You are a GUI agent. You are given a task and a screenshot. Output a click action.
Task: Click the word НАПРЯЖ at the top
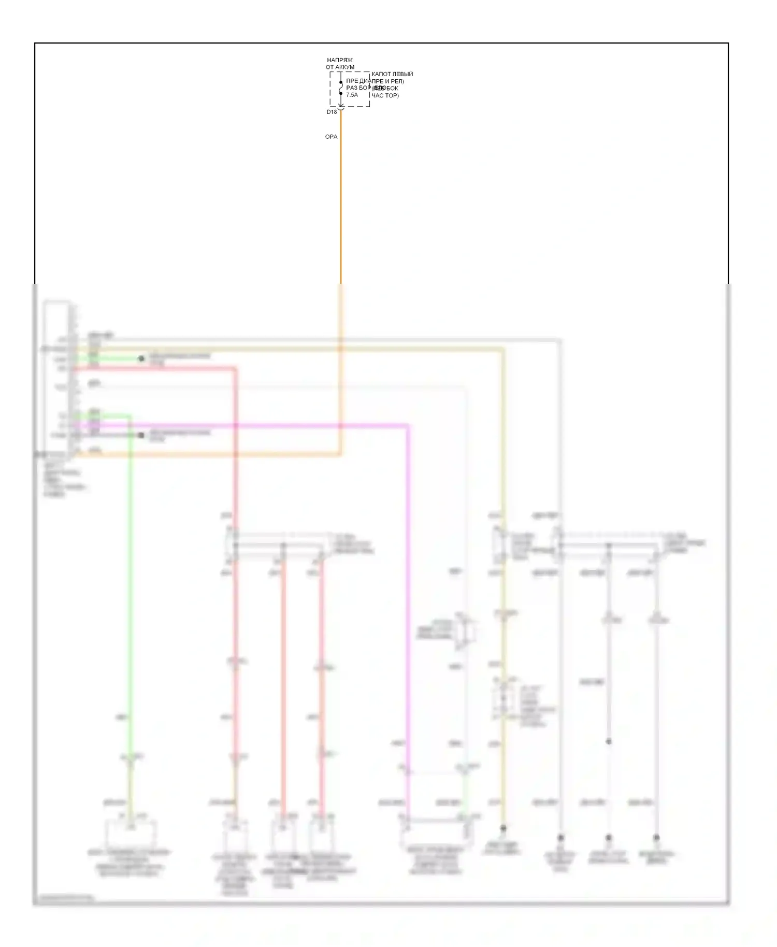pyautogui.click(x=340, y=60)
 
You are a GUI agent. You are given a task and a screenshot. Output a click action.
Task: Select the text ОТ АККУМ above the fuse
pyautogui.click(x=340, y=67)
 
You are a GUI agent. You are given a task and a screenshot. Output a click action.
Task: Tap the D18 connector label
pyautogui.click(x=332, y=112)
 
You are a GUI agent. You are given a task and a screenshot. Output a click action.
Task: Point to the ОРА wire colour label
pyautogui.click(x=331, y=137)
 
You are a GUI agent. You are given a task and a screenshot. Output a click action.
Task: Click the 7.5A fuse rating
pyautogui.click(x=352, y=95)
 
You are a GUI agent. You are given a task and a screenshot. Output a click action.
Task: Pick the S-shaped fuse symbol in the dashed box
pyautogui.click(x=341, y=89)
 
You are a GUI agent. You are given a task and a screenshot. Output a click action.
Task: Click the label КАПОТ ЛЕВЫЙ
pyautogui.click(x=392, y=74)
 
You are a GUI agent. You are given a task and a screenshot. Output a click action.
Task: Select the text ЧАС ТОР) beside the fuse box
pyautogui.click(x=385, y=96)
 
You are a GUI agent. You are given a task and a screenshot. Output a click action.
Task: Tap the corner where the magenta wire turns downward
pyautogui.click(x=408, y=426)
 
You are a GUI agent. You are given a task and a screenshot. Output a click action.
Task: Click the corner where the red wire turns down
pyautogui.click(x=235, y=369)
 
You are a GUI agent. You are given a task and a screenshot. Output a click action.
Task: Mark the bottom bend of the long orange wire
pyautogui.click(x=340, y=455)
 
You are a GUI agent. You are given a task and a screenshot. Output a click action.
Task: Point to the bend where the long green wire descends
pyautogui.click(x=129, y=415)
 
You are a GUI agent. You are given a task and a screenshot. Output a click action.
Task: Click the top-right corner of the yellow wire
pyautogui.click(x=502, y=351)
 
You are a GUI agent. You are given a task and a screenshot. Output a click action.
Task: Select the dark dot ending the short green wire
pyautogui.click(x=141, y=358)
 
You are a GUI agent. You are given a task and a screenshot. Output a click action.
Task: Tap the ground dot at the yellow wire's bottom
pyautogui.click(x=502, y=828)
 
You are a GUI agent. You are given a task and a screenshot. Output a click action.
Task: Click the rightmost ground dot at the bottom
pyautogui.click(x=656, y=837)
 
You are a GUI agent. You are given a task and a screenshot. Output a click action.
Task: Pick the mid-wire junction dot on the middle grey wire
pyautogui.click(x=609, y=741)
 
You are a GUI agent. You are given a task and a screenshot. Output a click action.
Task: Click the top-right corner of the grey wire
pyautogui.click(x=559, y=341)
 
